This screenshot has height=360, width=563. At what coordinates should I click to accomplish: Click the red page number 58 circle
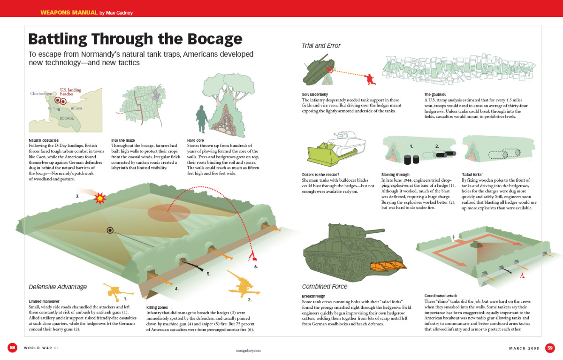13,347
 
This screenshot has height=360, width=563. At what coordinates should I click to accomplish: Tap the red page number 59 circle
550,347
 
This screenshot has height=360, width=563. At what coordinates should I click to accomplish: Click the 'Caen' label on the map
77,108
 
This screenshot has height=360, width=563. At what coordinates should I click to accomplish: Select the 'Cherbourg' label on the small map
39,93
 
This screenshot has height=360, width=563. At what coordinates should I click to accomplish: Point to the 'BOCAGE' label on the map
67,118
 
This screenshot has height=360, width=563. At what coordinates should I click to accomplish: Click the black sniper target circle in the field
110,230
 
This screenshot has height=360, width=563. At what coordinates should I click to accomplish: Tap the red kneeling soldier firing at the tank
369,78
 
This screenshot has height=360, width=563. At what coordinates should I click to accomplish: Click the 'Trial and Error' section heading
321,46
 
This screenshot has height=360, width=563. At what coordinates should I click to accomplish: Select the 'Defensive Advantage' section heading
58,287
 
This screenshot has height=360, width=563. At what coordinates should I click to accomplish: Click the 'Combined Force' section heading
325,286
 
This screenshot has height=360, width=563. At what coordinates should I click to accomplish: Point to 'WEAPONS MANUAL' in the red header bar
69,12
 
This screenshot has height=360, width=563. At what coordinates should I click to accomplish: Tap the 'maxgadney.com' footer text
248,350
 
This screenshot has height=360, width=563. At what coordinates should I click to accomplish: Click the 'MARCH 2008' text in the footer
524,348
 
